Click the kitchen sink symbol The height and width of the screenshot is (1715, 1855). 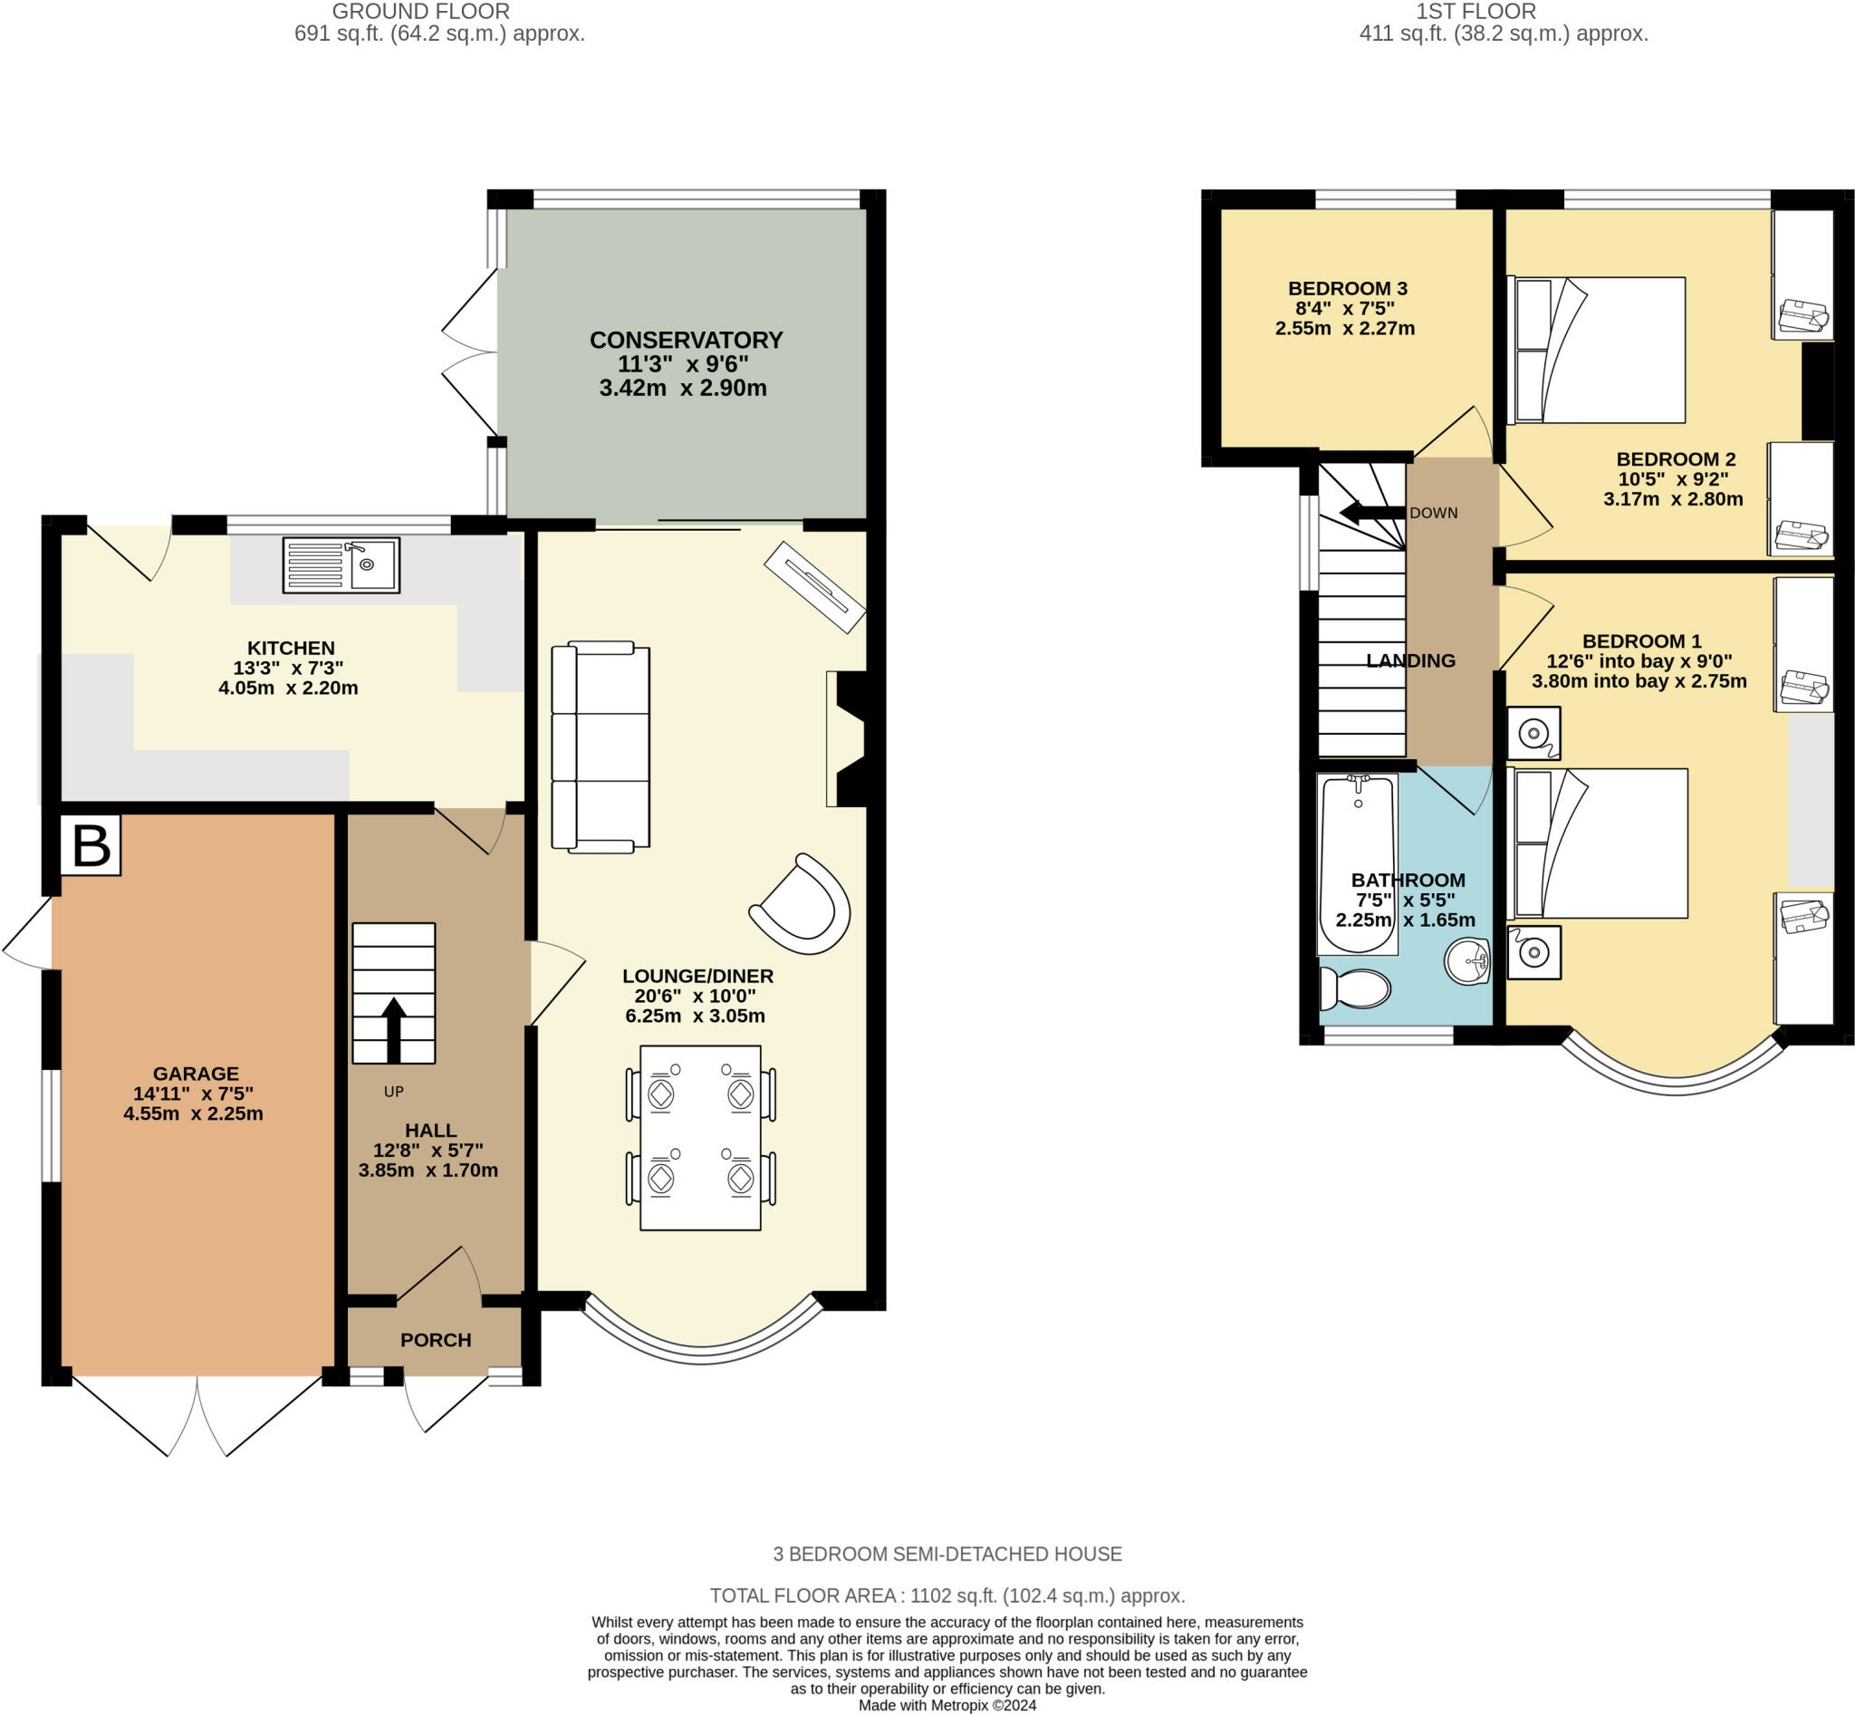(341, 564)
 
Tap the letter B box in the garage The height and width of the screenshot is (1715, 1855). (90, 844)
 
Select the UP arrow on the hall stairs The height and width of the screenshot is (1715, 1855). (393, 1029)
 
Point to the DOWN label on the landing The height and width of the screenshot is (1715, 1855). (1433, 512)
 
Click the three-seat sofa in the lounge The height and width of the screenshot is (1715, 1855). (601, 747)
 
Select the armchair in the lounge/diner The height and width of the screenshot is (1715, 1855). (802, 906)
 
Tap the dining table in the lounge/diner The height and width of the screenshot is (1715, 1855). (701, 1138)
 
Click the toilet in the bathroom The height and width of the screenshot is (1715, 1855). (1355, 989)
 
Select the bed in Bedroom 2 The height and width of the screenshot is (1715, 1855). (1596, 350)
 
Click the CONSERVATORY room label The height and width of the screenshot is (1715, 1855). (686, 340)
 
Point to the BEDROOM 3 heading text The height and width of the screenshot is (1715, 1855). (1348, 288)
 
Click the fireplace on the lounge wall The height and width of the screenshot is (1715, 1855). (849, 738)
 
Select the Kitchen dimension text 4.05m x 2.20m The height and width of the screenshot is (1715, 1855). (288, 688)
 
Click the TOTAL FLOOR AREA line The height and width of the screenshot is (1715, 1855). (947, 1595)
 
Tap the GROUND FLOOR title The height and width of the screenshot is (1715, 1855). (420, 11)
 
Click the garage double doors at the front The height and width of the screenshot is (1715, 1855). (197, 1415)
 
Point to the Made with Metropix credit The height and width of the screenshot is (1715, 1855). (947, 1705)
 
